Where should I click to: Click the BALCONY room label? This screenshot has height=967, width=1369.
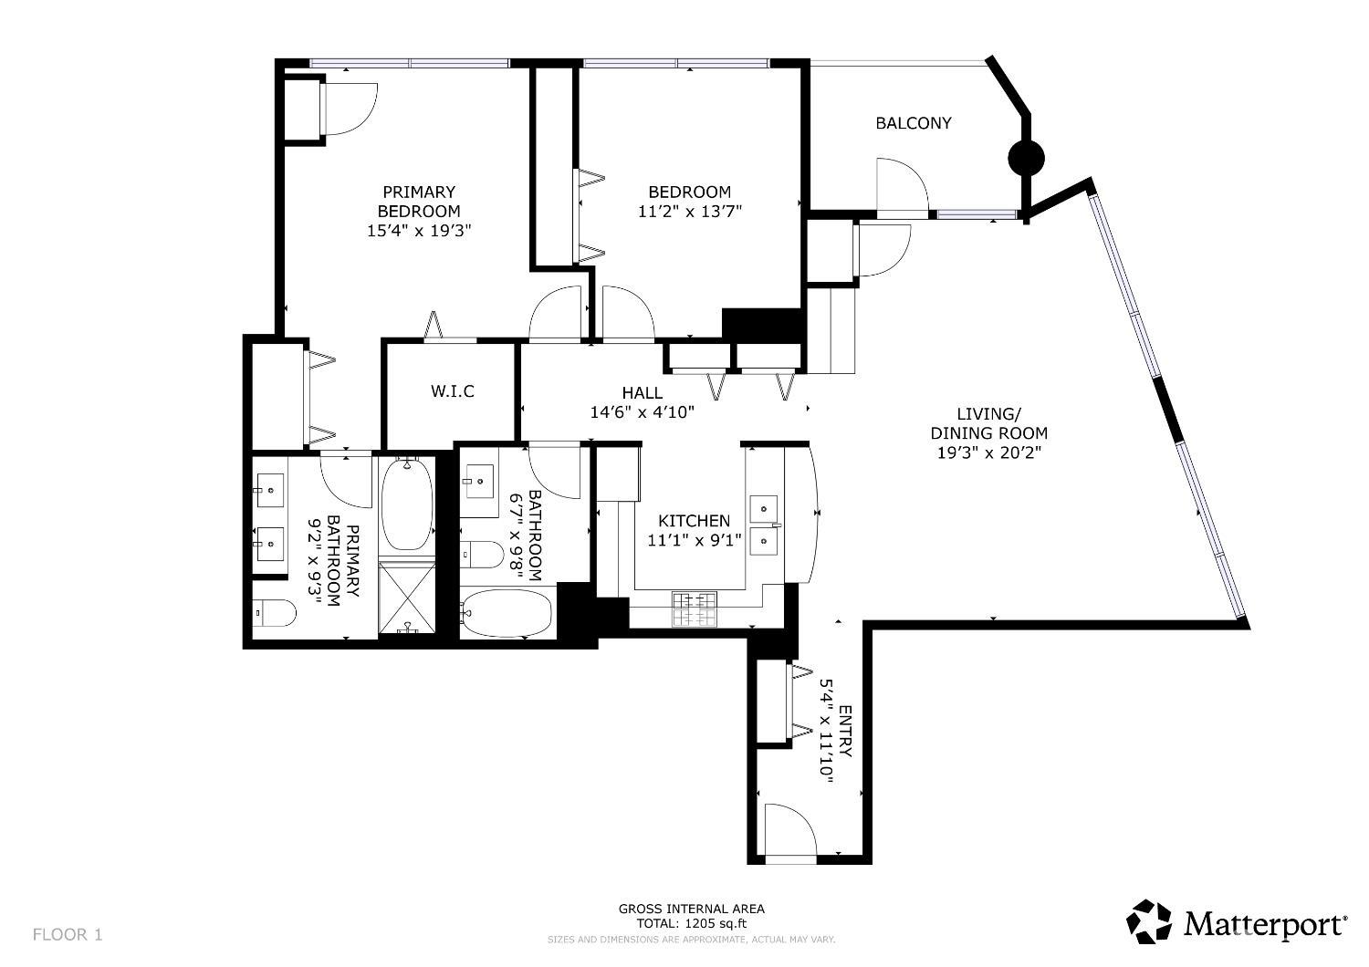[913, 123]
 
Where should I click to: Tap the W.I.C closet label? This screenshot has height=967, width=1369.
[453, 391]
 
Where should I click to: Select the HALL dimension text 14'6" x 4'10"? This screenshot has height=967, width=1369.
[643, 412]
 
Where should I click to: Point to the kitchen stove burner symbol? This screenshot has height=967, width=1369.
[695, 609]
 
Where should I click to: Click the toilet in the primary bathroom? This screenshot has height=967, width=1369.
[275, 614]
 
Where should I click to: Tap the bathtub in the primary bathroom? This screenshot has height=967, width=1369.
[406, 504]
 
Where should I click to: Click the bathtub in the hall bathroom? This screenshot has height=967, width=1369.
[507, 613]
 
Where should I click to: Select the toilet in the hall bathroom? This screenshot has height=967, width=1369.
[481, 553]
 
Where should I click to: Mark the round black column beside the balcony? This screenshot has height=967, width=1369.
[1026, 159]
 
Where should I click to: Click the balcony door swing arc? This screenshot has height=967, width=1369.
[902, 186]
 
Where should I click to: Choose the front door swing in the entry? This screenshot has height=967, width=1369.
[790, 831]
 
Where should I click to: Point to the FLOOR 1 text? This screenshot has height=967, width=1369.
[68, 934]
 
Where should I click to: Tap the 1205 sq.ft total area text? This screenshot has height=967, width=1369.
[691, 923]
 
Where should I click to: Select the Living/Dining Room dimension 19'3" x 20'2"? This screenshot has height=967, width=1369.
[988, 452]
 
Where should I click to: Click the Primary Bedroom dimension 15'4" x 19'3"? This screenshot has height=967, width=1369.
[419, 231]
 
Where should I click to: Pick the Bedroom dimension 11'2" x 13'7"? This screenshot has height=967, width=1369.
[690, 212]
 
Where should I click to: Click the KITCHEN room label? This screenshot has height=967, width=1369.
[695, 521]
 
